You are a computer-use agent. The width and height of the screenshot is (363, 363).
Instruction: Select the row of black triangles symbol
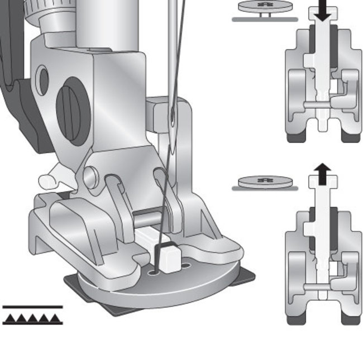pyautogui.click(x=32, y=319)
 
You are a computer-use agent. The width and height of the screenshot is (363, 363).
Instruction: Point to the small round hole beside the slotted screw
pyautogui.click(x=43, y=80)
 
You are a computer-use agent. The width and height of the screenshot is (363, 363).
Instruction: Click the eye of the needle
pyautogui.click(x=174, y=118)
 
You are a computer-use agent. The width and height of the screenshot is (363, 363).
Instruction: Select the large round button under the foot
pyautogui.click(x=156, y=288)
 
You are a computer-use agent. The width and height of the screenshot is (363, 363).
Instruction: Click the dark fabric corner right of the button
pyautogui.click(x=245, y=276)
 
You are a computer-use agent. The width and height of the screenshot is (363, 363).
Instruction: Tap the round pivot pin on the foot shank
pyautogui.click(x=90, y=176)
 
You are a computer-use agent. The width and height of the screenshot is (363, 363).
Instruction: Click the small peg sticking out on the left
pyautogui.click(x=47, y=180)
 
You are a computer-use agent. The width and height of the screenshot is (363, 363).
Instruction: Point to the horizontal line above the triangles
pyautogui.click(x=32, y=307)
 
